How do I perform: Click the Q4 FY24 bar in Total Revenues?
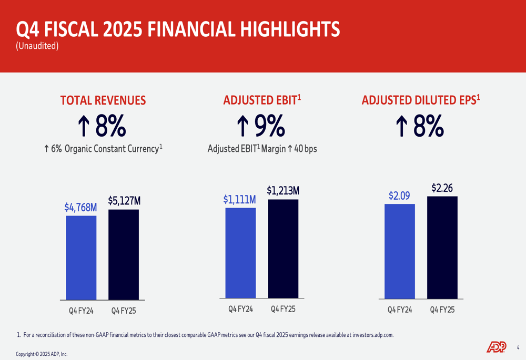(81, 258)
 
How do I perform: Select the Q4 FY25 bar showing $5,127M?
(124, 254)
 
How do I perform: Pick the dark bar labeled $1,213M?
(283, 248)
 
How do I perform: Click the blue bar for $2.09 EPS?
(400, 251)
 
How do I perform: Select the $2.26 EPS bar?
(442, 247)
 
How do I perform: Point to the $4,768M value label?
(81, 208)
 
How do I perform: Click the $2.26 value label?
(442, 188)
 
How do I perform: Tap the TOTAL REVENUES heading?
(103, 100)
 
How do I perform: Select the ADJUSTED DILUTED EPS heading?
(421, 100)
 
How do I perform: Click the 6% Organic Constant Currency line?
(103, 149)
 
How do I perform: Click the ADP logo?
(497, 347)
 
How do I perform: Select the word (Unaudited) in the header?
(37, 46)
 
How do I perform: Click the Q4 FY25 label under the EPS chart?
(442, 310)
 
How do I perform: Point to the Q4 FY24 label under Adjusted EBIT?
(240, 310)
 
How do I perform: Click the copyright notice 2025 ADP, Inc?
(42, 354)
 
